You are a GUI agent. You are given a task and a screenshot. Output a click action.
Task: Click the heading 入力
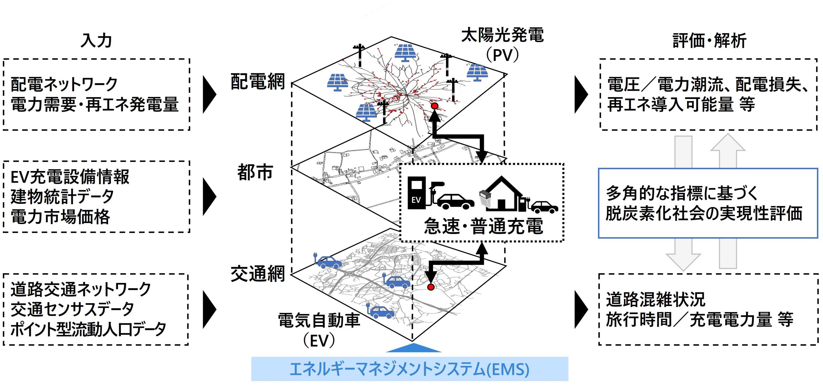pyautogui.click(x=96, y=41)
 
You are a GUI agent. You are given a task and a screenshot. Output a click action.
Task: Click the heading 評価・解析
pyautogui.click(x=710, y=41)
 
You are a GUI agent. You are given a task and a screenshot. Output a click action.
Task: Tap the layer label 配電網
pyautogui.click(x=258, y=81)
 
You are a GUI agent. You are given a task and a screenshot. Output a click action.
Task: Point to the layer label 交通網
pyautogui.click(x=258, y=274)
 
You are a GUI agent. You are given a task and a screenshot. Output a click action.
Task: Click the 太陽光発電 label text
pyautogui.click(x=502, y=35)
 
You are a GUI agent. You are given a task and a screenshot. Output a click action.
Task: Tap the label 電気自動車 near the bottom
pyautogui.click(x=319, y=321)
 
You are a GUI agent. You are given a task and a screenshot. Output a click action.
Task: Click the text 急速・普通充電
pyautogui.click(x=483, y=226)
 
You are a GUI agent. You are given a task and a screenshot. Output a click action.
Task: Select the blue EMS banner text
pyautogui.click(x=409, y=369)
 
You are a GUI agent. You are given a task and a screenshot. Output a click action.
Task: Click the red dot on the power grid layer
pyautogui.click(x=435, y=106)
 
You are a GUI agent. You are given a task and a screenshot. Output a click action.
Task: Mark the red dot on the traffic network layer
pyautogui.click(x=431, y=287)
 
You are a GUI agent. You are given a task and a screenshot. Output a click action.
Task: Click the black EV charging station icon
pyautogui.click(x=417, y=193)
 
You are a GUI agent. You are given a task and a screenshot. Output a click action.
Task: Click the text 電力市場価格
pyautogui.click(x=60, y=217)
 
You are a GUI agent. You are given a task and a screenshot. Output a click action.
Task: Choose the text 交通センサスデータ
pyautogui.click(x=72, y=309)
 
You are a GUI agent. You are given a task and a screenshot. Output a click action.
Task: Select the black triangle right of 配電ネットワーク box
pyautogui.click(x=209, y=95)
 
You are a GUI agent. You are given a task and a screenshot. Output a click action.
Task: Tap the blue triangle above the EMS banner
pyautogui.click(x=414, y=348)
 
